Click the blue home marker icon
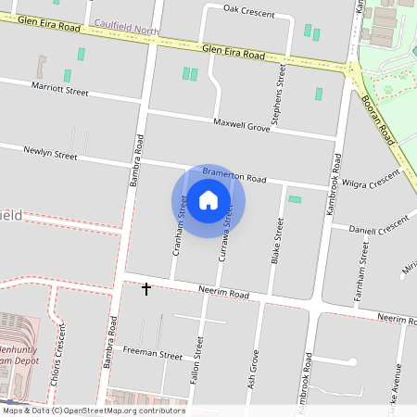208,200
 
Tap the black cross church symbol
145,289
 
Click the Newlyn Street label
50,154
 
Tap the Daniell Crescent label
378,226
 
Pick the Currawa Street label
223,232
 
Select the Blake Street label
276,241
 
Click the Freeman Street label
152,355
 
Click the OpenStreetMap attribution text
93,411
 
